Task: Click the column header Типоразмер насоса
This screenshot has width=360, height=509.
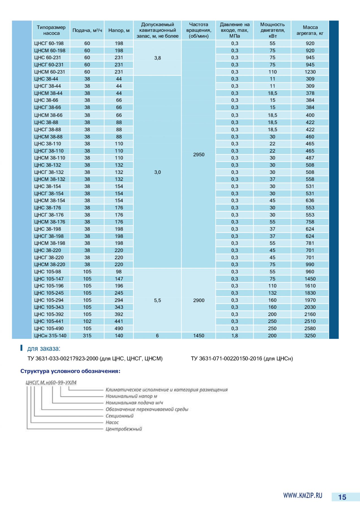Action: click(x=51, y=30)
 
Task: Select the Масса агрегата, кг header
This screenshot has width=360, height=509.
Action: click(x=310, y=30)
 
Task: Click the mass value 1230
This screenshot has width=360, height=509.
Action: click(x=310, y=72)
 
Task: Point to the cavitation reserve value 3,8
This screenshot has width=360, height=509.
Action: click(x=158, y=58)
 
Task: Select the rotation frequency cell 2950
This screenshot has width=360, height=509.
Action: click(x=199, y=155)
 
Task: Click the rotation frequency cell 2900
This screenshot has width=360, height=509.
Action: click(x=199, y=300)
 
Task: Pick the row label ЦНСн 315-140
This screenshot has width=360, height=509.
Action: click(x=50, y=336)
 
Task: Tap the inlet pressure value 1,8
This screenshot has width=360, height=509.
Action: click(x=235, y=336)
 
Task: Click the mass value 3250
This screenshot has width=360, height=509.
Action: click(x=310, y=336)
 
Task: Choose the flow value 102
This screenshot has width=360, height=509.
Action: click(x=87, y=321)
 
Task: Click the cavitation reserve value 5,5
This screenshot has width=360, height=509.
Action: click(x=158, y=300)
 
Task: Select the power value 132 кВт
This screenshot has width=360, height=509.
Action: click(x=272, y=293)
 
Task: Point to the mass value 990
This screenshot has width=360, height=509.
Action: click(x=310, y=264)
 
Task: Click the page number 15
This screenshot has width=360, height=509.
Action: click(x=342, y=497)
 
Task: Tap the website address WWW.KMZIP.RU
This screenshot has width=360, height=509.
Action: click(x=303, y=495)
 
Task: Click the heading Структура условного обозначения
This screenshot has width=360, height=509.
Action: click(x=70, y=371)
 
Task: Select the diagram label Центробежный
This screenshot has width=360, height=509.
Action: click(x=124, y=429)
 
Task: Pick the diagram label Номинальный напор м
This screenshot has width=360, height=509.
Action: click(x=131, y=396)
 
